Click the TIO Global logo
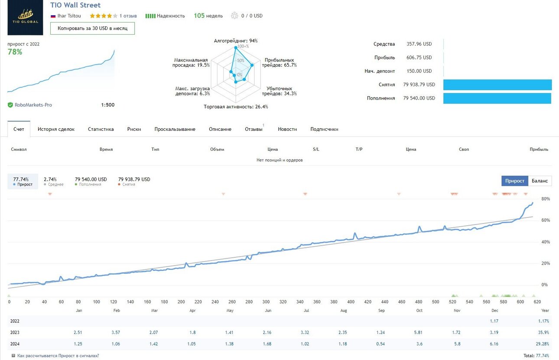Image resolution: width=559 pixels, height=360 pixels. [x=25, y=17]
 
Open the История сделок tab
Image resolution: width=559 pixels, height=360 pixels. [x=56, y=129]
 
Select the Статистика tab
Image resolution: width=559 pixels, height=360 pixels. [x=101, y=129]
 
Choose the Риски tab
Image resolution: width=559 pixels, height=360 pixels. [x=134, y=129]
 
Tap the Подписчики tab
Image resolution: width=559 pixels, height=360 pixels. [x=324, y=129]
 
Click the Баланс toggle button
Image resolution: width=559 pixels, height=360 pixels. [x=540, y=181]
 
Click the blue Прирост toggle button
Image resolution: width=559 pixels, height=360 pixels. [x=515, y=181]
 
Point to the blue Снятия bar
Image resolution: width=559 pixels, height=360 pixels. [x=497, y=84]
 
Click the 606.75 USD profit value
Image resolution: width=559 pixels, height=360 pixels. [x=419, y=57]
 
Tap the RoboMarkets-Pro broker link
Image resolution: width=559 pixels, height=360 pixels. [x=33, y=105]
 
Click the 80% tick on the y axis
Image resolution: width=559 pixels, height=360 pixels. [x=546, y=199]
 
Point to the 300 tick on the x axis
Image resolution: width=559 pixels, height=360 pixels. [x=266, y=302]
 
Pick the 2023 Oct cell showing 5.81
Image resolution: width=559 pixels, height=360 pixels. [x=418, y=332]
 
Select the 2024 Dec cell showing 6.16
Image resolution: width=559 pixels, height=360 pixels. [x=494, y=344]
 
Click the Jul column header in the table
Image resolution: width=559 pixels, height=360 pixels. [x=306, y=310]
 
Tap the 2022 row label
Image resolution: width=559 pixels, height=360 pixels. [x=15, y=321]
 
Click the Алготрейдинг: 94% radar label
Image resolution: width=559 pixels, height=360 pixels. [x=236, y=41]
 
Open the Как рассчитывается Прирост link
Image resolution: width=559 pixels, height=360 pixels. [x=58, y=356]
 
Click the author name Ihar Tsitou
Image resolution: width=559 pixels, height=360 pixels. [x=69, y=16]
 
